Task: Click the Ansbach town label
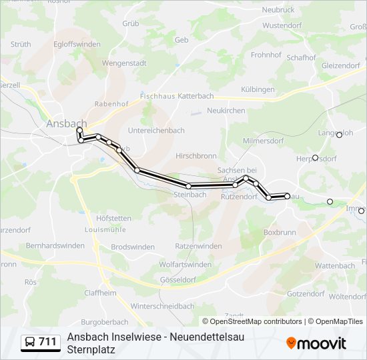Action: [67, 123]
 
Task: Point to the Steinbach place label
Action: [190, 195]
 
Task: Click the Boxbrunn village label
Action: [279, 233]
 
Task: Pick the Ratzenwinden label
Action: [198, 246]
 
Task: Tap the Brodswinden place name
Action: [133, 247]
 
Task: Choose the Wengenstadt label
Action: [124, 63]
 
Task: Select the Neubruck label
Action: [278, 10]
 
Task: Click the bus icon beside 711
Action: [30, 343]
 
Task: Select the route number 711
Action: [47, 343]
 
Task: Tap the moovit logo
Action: [316, 343]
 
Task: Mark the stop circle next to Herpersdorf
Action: [315, 158]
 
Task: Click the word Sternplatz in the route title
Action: [91, 349]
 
